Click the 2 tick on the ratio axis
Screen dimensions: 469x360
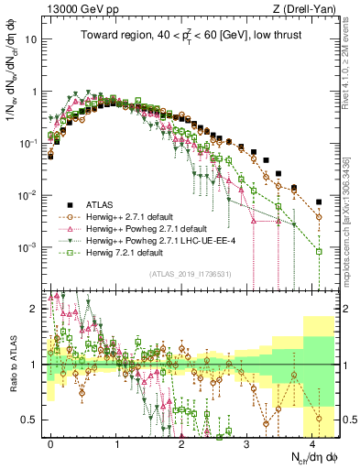click(34, 309)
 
